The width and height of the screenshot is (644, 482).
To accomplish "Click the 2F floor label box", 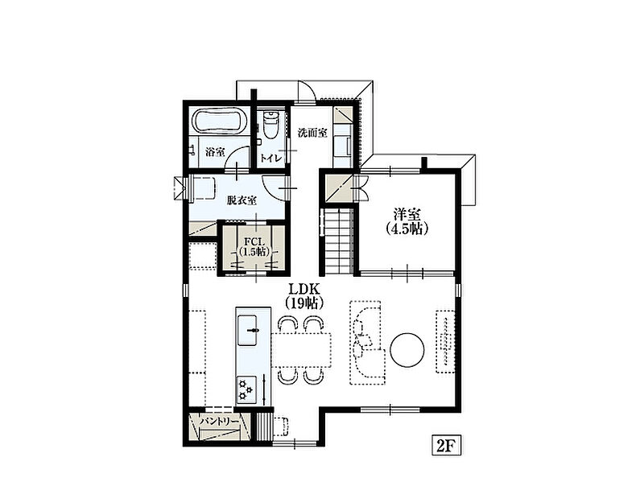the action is pyautogui.click(x=447, y=445).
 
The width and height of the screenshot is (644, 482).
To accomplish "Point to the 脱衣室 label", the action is pyautogui.click(x=242, y=200).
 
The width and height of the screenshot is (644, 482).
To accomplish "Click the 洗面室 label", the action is pyautogui.click(x=312, y=133).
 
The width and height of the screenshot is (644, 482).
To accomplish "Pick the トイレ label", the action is pyautogui.click(x=271, y=158).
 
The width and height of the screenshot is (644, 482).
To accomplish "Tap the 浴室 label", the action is pyautogui.click(x=215, y=152).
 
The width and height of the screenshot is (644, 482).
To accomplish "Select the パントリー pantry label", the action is pyautogui.click(x=219, y=422).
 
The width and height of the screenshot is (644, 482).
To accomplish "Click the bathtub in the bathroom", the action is pyautogui.click(x=219, y=122).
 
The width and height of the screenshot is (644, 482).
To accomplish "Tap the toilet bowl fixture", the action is pyautogui.click(x=270, y=125).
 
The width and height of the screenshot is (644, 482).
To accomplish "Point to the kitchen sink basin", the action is pyautogui.click(x=247, y=330).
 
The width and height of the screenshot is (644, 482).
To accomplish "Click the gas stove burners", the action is pyautogui.click(x=246, y=389).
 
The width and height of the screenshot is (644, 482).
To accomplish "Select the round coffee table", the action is pyautogui.click(x=407, y=349).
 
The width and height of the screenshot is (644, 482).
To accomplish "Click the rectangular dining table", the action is pyautogui.click(x=301, y=349).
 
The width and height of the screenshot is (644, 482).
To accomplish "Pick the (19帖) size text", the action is pyautogui.click(x=305, y=303).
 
